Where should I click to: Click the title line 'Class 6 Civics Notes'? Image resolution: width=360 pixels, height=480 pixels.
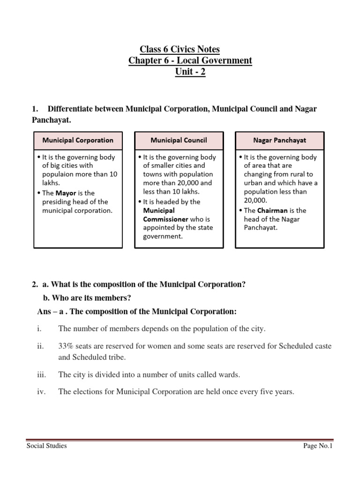pos(180,49)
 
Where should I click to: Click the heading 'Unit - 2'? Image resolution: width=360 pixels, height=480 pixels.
pos(190,72)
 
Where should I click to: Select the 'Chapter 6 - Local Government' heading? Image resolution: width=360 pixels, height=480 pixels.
pos(190,60)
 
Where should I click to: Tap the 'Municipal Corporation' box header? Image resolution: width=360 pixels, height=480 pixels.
pos(78,140)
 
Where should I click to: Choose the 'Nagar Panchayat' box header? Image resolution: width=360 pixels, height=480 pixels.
pos(279,140)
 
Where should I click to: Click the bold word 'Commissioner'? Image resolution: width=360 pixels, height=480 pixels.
pos(165,219)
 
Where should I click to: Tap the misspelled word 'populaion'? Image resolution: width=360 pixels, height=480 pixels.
pos(58,174)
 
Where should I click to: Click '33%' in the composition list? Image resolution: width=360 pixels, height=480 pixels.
pos(66,346)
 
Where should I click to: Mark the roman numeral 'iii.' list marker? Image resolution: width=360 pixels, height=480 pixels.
pos(41,375)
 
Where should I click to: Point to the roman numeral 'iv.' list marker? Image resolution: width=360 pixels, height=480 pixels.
pos(41,392)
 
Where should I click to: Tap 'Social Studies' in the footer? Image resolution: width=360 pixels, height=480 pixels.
pos(46,446)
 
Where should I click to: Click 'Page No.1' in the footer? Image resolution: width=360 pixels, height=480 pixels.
pos(317,446)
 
